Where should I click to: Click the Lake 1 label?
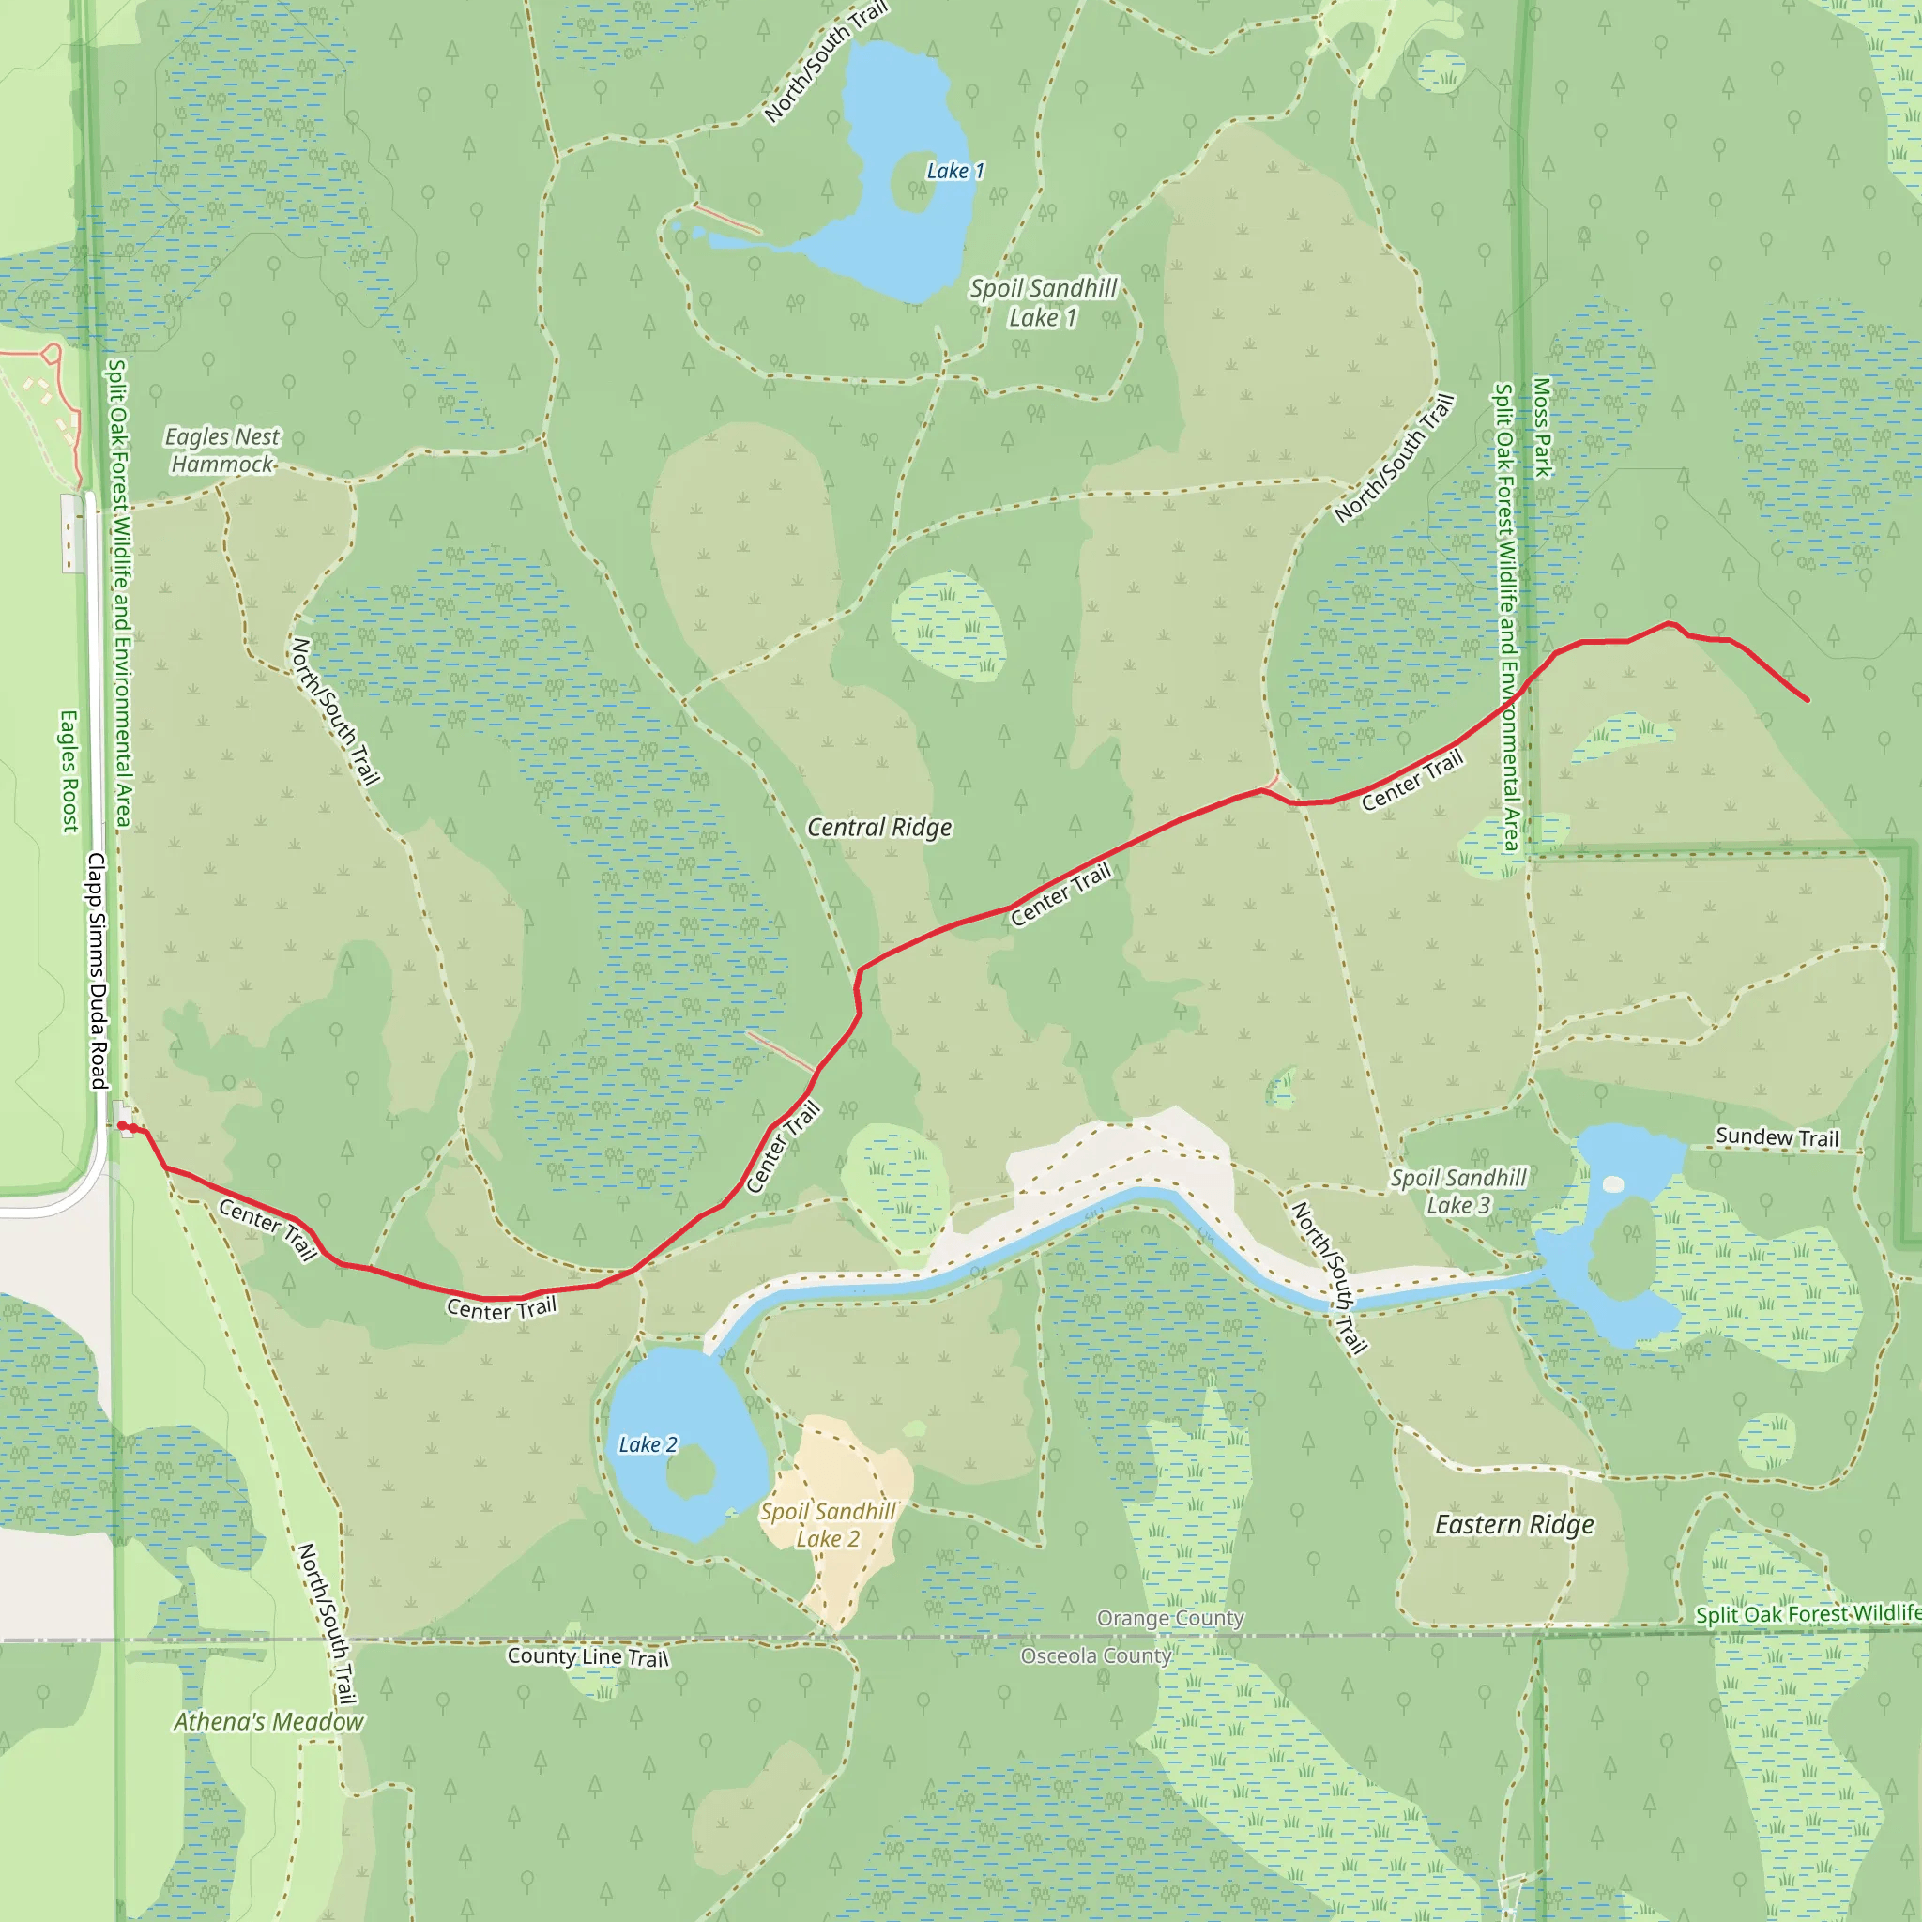[955, 171]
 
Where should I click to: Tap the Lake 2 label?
[648, 1444]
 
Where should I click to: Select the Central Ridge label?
[879, 828]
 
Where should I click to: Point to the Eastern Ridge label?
[1514, 1525]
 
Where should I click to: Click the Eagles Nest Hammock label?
[221, 450]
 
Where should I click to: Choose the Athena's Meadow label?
[268, 1722]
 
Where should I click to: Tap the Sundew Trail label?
[1777, 1137]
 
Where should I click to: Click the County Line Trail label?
[587, 1656]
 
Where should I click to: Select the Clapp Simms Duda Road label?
[97, 970]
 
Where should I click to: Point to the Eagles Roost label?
[69, 771]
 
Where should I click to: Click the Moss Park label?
[1542, 427]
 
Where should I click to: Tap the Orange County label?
[1170, 1619]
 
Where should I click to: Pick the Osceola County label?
[1095, 1655]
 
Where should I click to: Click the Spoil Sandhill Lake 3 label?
[1457, 1192]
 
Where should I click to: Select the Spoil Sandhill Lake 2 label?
[828, 1525]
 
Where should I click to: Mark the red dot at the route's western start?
[122, 1125]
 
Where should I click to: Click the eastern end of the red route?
[1807, 700]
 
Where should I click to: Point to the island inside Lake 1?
[913, 183]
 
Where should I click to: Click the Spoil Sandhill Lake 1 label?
[1043, 302]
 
